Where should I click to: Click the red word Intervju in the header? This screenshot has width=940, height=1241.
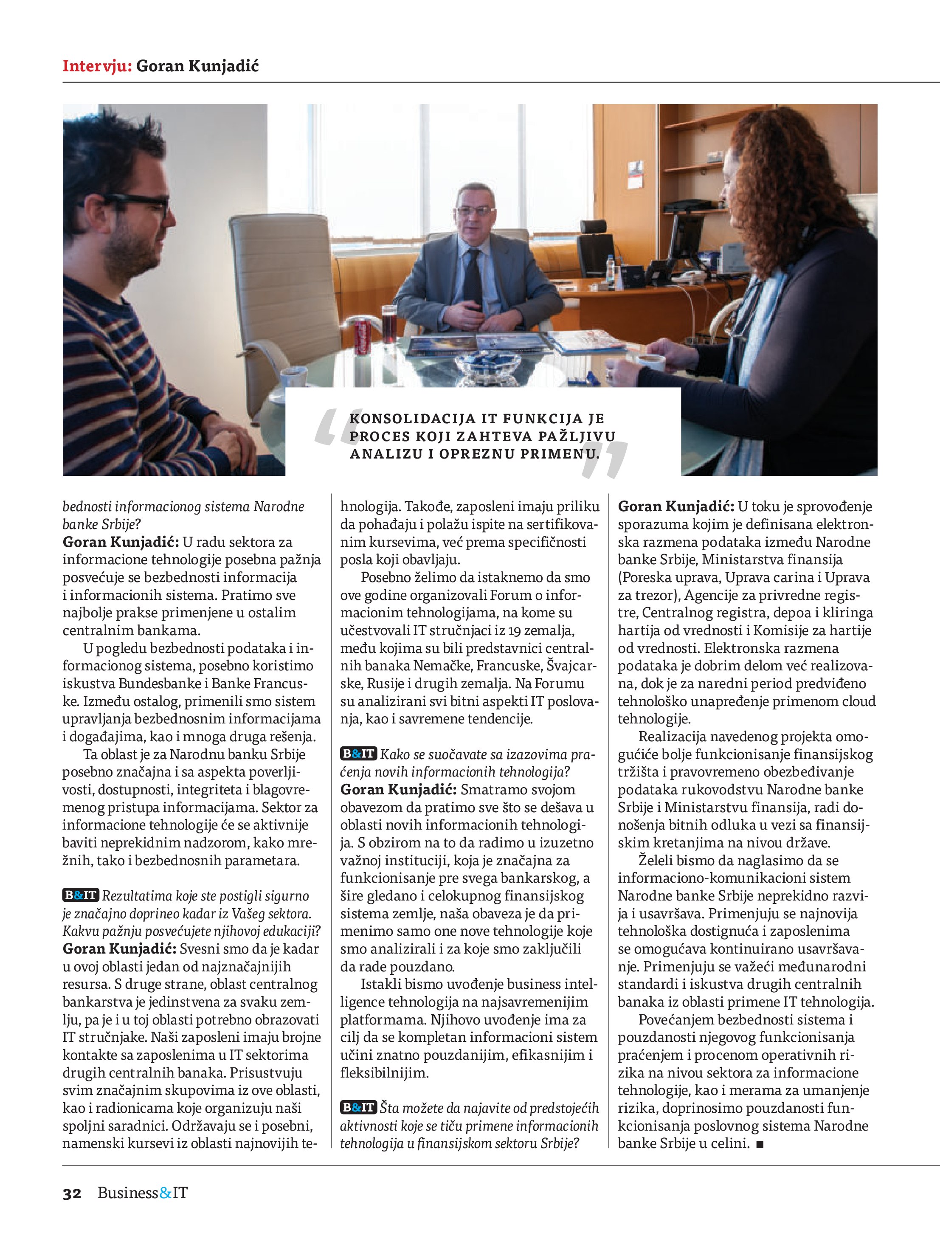[x=96, y=66]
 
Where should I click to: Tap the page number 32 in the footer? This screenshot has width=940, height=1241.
[x=72, y=1193]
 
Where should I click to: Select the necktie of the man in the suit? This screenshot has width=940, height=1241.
[x=473, y=278]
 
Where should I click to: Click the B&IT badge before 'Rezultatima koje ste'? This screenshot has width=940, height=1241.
[x=81, y=895]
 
